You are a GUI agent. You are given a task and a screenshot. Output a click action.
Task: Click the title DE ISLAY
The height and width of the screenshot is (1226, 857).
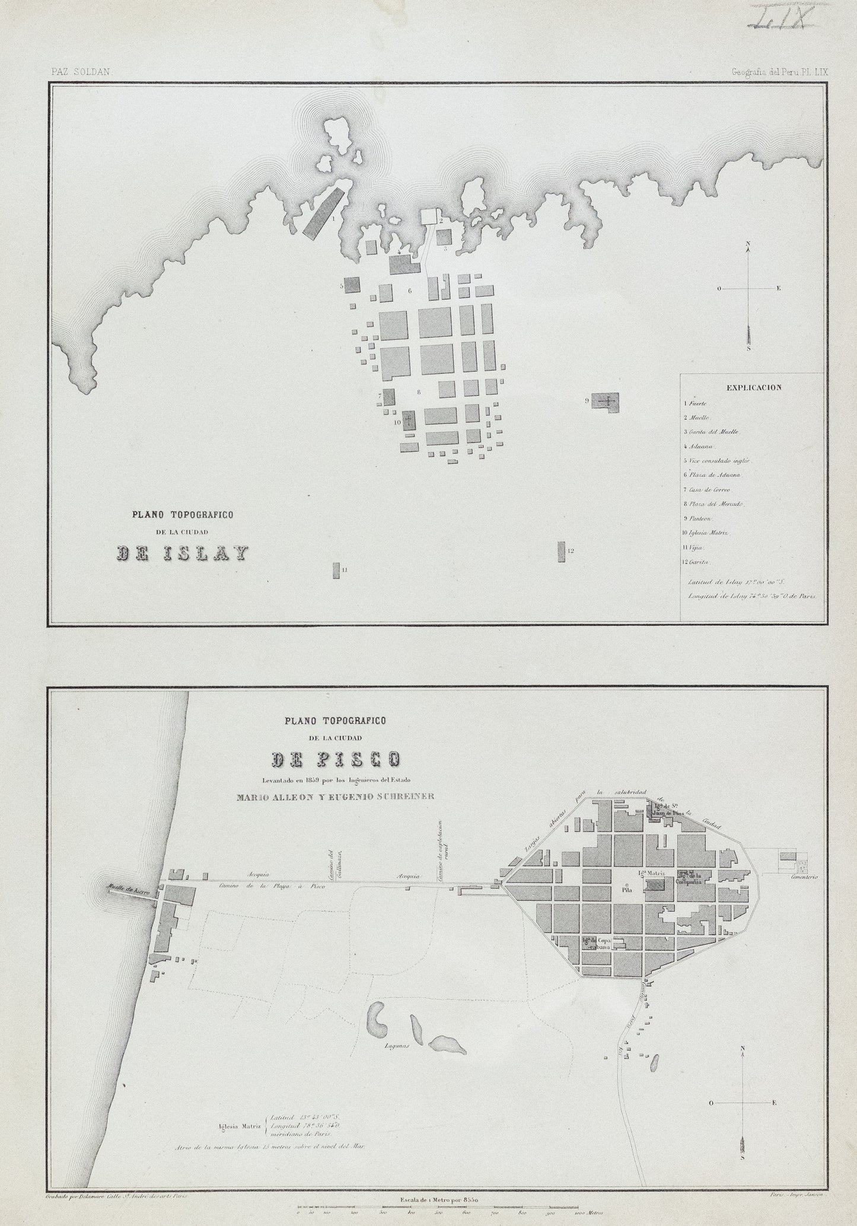coord(181,553)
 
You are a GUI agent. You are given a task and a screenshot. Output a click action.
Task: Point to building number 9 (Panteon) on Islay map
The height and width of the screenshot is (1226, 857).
coord(605,401)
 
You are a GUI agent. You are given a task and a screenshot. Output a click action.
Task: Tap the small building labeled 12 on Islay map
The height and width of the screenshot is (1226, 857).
coord(560,552)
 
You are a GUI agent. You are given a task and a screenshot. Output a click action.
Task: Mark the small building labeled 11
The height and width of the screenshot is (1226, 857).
coord(336,571)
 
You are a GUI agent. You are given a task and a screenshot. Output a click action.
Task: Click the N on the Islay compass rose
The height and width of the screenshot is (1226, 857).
coord(748,244)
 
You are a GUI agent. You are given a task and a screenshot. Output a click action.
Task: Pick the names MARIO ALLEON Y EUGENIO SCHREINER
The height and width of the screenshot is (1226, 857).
coord(335,797)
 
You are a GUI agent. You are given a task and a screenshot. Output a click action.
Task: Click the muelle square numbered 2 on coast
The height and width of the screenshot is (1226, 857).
coord(429,216)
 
